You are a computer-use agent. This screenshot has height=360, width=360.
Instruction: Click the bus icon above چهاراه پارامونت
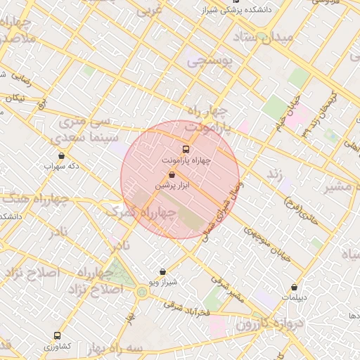[x=186, y=149]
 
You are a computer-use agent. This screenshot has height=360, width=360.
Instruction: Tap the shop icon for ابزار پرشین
[x=172, y=174]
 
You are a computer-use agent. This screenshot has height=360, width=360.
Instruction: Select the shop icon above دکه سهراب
[x=61, y=156]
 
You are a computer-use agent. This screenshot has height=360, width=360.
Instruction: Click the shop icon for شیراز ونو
[x=163, y=271]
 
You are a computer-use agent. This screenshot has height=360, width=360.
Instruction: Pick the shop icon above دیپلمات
[x=294, y=287]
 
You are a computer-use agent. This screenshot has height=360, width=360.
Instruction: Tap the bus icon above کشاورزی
[x=57, y=336]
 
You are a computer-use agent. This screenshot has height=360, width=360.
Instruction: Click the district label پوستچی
[x=214, y=62]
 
